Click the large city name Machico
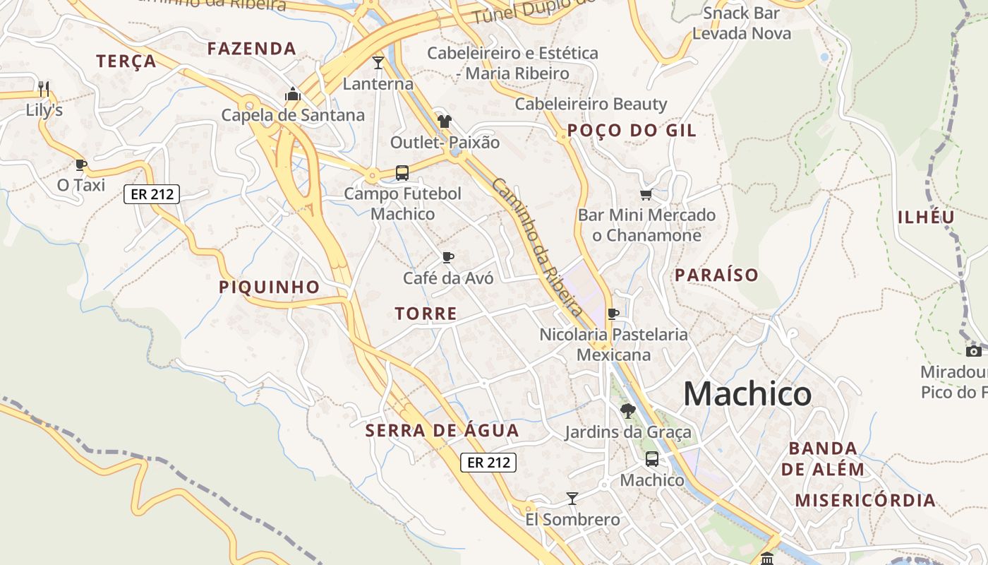click(x=747, y=393)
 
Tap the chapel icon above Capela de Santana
click(x=292, y=94)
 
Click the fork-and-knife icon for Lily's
click(x=44, y=88)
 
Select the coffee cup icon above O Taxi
click(x=81, y=165)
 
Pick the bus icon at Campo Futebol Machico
click(x=402, y=172)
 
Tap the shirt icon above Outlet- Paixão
click(x=444, y=121)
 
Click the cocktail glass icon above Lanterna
click(x=378, y=63)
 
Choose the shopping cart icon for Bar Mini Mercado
click(x=646, y=194)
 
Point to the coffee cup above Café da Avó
click(x=447, y=257)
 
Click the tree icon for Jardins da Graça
click(x=627, y=410)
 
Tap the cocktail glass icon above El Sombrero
click(x=572, y=499)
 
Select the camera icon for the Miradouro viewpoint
click(x=974, y=351)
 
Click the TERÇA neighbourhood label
click(x=126, y=61)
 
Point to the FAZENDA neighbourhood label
click(x=251, y=49)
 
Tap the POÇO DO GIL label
click(x=632, y=130)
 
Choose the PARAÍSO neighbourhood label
click(x=716, y=275)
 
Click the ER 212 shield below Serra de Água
click(x=488, y=463)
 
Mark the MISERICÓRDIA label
click(x=865, y=501)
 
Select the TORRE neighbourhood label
click(x=426, y=314)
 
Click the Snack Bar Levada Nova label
click(x=742, y=23)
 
